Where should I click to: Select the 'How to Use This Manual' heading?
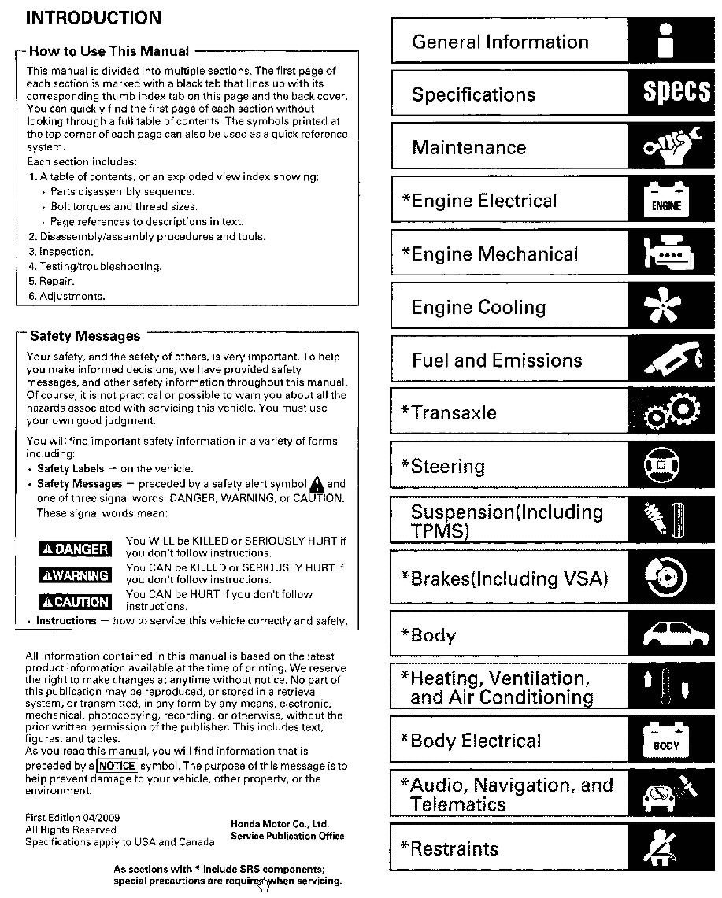[x=109, y=52]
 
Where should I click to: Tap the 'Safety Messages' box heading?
[x=85, y=336]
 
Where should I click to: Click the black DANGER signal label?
[x=75, y=549]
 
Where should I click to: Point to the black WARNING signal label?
[x=75, y=575]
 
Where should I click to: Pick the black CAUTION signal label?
[x=75, y=602]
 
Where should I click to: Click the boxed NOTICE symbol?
[x=117, y=766]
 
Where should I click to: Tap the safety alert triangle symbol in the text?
[x=317, y=484]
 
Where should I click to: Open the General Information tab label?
[x=500, y=42]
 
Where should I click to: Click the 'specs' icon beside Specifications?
[x=676, y=94]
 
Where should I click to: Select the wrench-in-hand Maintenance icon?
[x=672, y=147]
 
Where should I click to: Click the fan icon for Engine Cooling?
[x=668, y=307]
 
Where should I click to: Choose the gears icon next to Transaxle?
[x=671, y=412]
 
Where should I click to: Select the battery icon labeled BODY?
[x=666, y=741]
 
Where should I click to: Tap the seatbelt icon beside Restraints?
[x=668, y=847]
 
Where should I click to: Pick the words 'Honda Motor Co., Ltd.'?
[x=280, y=824]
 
